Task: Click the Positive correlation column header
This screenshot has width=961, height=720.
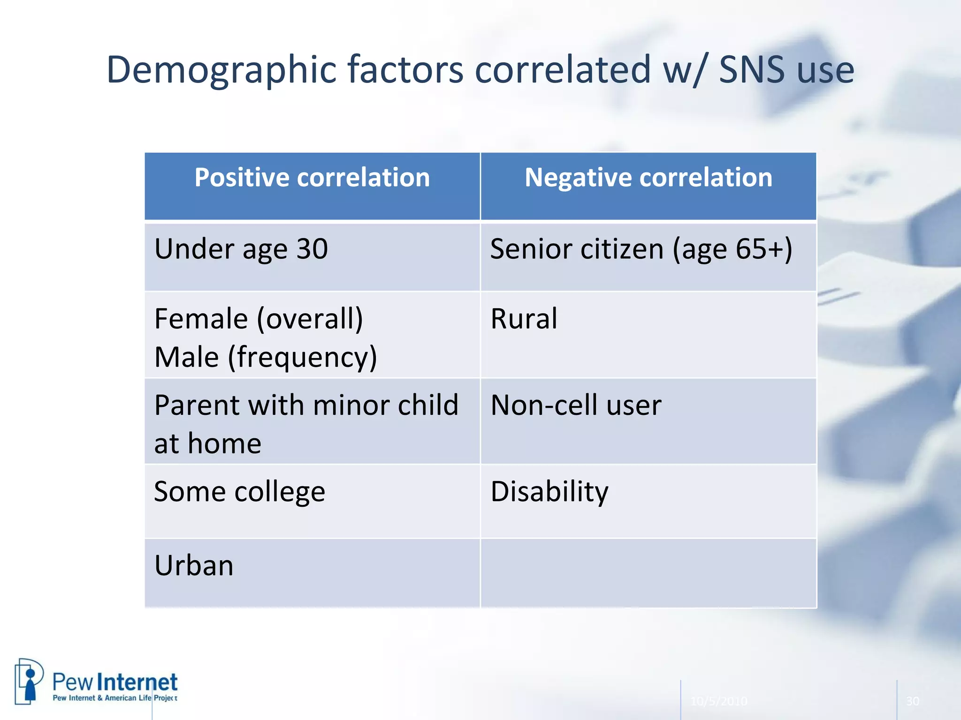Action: (x=312, y=178)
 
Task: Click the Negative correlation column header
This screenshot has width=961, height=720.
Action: (x=648, y=178)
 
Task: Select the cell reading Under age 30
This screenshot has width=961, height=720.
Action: (x=241, y=249)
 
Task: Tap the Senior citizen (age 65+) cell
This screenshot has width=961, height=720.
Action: (x=641, y=249)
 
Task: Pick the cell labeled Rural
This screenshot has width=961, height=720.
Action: (x=524, y=319)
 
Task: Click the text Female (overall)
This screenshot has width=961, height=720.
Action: (x=259, y=319)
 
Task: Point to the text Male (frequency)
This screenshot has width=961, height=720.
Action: (x=266, y=357)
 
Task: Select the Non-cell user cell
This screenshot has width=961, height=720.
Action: (x=576, y=405)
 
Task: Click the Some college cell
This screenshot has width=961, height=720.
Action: (x=239, y=492)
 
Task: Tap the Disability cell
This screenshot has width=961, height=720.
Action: (x=549, y=492)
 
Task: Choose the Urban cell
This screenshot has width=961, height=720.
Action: (x=194, y=566)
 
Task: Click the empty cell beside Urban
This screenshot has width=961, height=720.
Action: (x=648, y=573)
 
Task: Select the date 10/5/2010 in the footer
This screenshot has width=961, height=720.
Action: (x=718, y=701)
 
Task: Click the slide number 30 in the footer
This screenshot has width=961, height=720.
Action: (x=912, y=701)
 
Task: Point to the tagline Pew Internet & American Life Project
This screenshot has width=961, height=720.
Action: (x=115, y=698)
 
